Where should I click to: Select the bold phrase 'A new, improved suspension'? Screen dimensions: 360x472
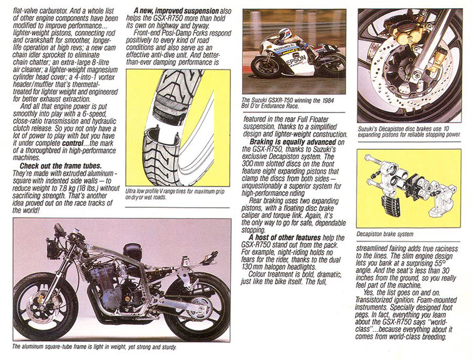pyautogui.click(x=175, y=11)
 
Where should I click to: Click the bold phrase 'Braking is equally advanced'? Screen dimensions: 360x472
pyautogui.click(x=285, y=143)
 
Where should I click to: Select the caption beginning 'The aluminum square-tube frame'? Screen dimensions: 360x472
pyautogui.click(x=94, y=346)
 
